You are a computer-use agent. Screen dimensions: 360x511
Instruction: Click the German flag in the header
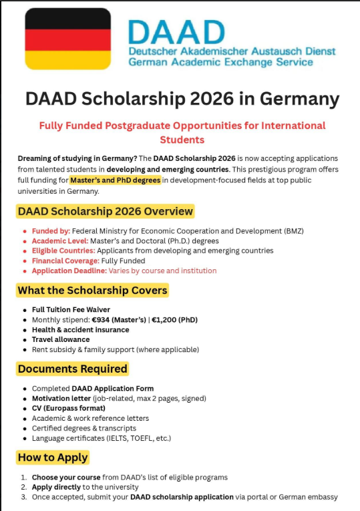pyautogui.click(x=67, y=38)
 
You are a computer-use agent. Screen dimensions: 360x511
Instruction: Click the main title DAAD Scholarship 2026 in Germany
pyautogui.click(x=182, y=99)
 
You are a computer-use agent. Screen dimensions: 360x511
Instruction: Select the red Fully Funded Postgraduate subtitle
pyautogui.click(x=182, y=132)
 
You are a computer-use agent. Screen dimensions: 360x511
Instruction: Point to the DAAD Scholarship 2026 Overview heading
pyautogui.click(x=106, y=212)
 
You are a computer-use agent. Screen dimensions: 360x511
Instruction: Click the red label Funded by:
pyautogui.click(x=50, y=231)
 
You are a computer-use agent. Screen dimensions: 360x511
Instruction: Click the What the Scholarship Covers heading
pyautogui.click(x=92, y=291)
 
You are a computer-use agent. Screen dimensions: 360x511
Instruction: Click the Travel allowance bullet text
pyautogui.click(x=61, y=339)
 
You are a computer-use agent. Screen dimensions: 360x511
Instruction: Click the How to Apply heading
pyautogui.click(x=53, y=458)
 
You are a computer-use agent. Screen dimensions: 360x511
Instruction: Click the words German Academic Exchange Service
pyautogui.click(x=220, y=62)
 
